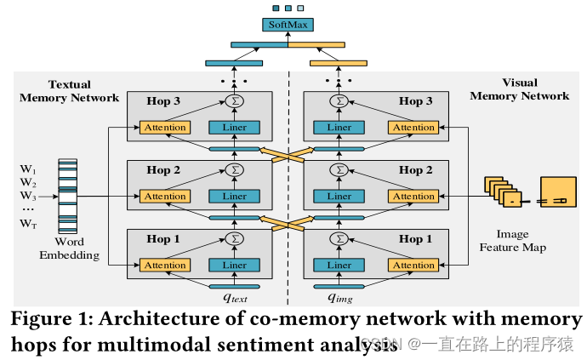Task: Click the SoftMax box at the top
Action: click(x=288, y=25)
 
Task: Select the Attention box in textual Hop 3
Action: click(x=165, y=128)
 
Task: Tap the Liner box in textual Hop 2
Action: click(x=234, y=197)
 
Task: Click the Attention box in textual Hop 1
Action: click(x=165, y=266)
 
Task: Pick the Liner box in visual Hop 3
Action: click(x=339, y=128)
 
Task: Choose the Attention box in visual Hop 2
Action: click(x=413, y=197)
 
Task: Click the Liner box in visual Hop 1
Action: click(x=339, y=266)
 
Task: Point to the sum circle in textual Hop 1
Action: click(x=235, y=239)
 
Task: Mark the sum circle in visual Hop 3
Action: click(x=340, y=101)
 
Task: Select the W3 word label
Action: click(x=29, y=196)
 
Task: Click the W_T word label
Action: click(x=29, y=224)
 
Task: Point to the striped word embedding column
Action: click(x=68, y=195)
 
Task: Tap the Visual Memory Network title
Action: click(x=520, y=90)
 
